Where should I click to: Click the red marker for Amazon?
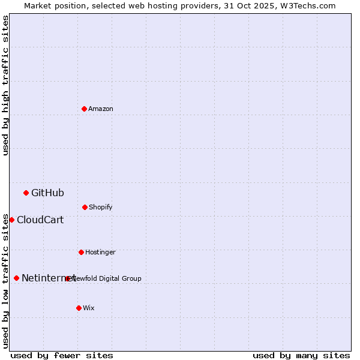click(x=84, y=109)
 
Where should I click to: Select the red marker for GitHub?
click(x=26, y=193)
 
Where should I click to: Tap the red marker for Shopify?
click(x=85, y=207)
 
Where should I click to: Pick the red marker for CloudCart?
click(x=11, y=220)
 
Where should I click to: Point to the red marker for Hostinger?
click(x=81, y=252)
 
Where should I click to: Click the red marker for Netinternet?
click(x=16, y=278)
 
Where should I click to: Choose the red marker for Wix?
click(x=79, y=308)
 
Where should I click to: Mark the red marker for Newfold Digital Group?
click(x=67, y=278)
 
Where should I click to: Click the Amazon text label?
click(x=101, y=109)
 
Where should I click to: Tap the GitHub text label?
click(x=47, y=193)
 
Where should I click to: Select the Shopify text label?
click(x=101, y=207)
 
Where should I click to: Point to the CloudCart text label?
click(x=40, y=220)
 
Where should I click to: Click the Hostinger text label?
click(x=100, y=252)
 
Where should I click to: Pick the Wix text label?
click(x=89, y=308)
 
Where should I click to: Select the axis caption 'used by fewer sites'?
click(x=62, y=355)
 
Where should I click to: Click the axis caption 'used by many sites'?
click(x=301, y=355)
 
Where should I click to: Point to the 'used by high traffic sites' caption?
click(x=5, y=85)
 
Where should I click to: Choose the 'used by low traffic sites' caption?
click(x=5, y=281)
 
